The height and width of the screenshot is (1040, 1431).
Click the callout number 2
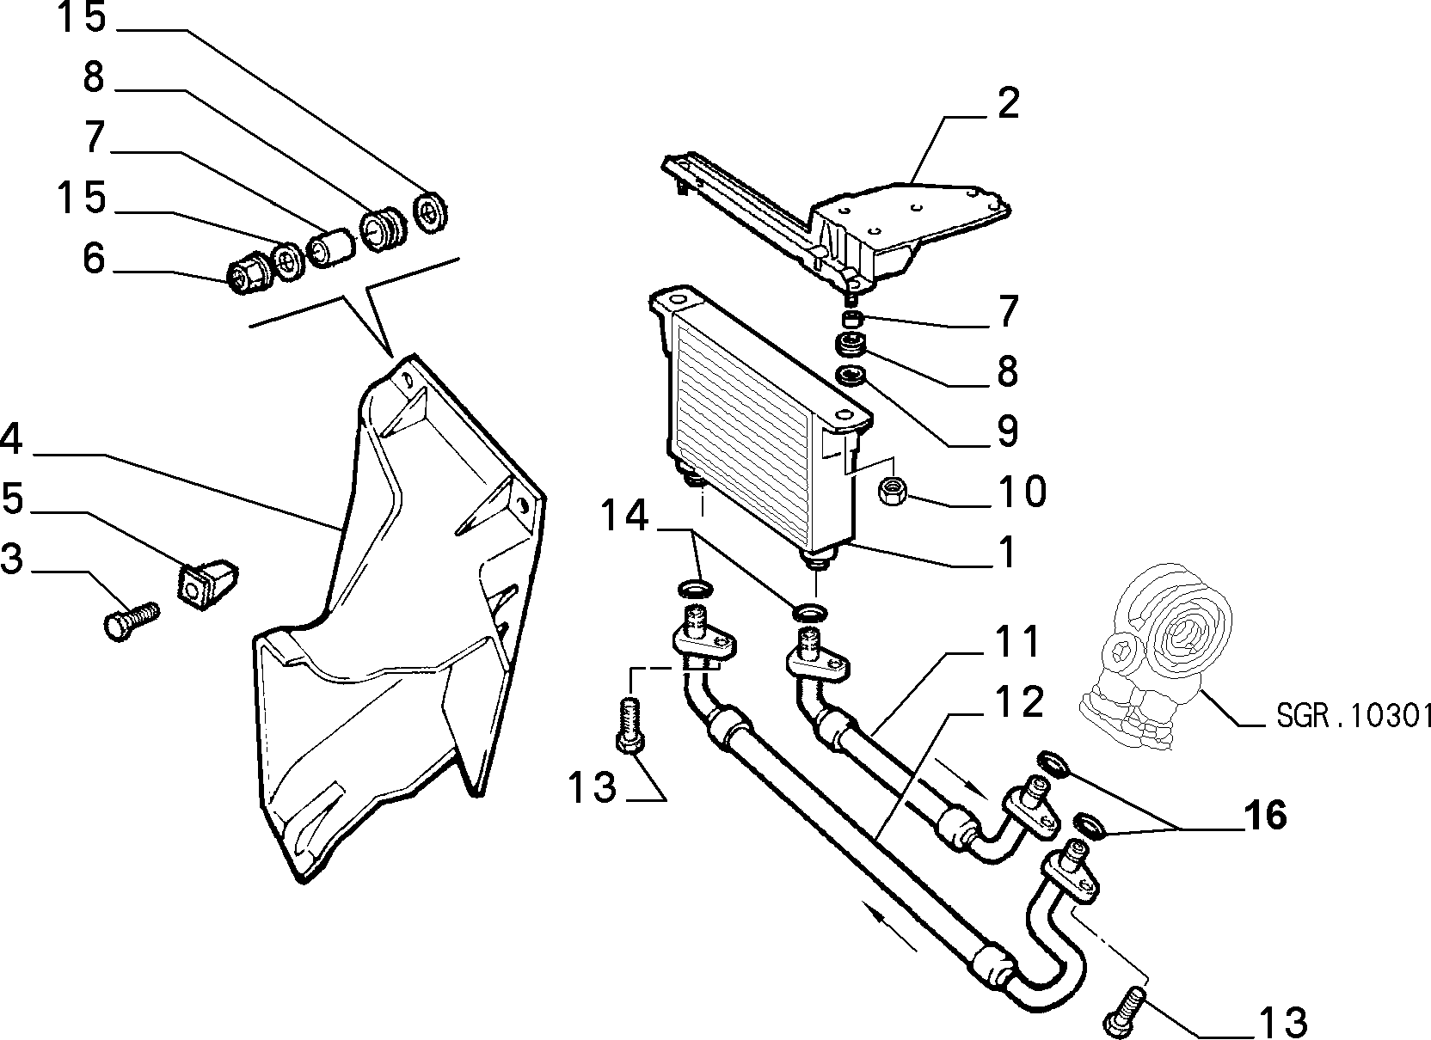[x=1007, y=102]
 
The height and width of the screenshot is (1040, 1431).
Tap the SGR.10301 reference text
[x=1354, y=716]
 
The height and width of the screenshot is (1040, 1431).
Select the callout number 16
[x=1265, y=816]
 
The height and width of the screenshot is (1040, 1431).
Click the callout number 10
[x=1023, y=491]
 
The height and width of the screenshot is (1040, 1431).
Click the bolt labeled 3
[x=131, y=620]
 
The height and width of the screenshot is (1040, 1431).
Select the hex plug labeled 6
[x=248, y=276]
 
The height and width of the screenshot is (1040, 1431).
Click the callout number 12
[x=1018, y=701]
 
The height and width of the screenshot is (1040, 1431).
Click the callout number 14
[x=624, y=515]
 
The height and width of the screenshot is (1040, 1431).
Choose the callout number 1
[x=1006, y=552]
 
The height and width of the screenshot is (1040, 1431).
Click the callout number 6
[x=93, y=259]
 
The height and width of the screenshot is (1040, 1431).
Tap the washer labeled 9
[x=851, y=376]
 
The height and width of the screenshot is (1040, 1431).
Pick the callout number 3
[x=11, y=558]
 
